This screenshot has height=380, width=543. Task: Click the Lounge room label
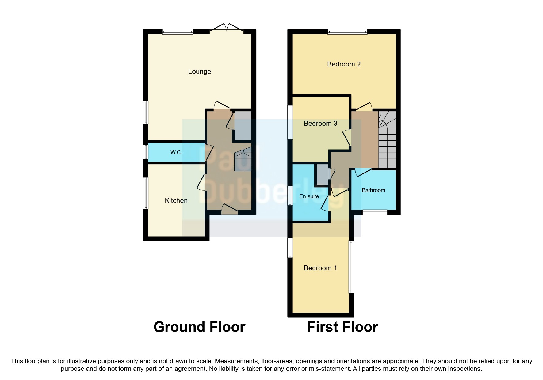[x=200, y=71]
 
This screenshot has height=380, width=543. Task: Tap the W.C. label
[x=176, y=152]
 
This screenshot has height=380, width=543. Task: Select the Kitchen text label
[x=176, y=200]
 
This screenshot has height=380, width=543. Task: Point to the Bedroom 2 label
[x=344, y=64]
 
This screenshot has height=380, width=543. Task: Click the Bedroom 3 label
[x=320, y=123]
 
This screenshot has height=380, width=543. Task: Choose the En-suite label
[x=309, y=196]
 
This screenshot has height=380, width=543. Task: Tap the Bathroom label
[x=373, y=190]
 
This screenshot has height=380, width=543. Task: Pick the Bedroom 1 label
[x=320, y=268]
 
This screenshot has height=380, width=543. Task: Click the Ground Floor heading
[x=199, y=327]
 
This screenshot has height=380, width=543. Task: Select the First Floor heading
[x=342, y=327]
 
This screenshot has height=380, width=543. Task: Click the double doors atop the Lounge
[x=227, y=28]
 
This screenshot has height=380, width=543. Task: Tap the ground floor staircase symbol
[x=243, y=160]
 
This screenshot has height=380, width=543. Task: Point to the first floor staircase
[x=387, y=139]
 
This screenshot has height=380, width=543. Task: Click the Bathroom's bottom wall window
[x=375, y=212]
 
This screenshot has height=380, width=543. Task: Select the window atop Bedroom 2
[x=347, y=32]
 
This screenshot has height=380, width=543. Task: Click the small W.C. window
[x=146, y=152]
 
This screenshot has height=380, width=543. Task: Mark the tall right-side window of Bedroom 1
[x=351, y=267]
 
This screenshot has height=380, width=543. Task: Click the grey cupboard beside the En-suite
[x=322, y=175]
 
